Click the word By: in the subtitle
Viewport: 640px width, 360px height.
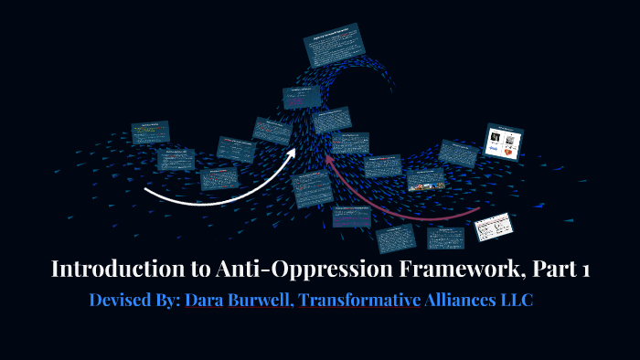pyautogui.click(x=170, y=300)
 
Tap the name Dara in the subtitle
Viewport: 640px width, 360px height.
pyautogui.click(x=204, y=300)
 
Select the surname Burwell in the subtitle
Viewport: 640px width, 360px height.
pyautogui.click(x=259, y=300)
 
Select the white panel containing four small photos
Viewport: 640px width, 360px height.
pyautogui.click(x=503, y=142)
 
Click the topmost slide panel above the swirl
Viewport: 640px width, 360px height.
pyautogui.click(x=334, y=45)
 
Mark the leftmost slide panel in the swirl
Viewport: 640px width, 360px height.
pyautogui.click(x=150, y=134)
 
